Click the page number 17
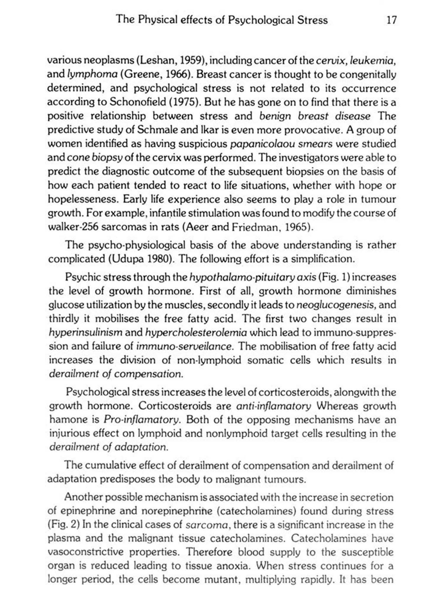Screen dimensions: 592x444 tap(391, 20)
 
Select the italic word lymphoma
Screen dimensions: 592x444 tap(93, 74)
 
